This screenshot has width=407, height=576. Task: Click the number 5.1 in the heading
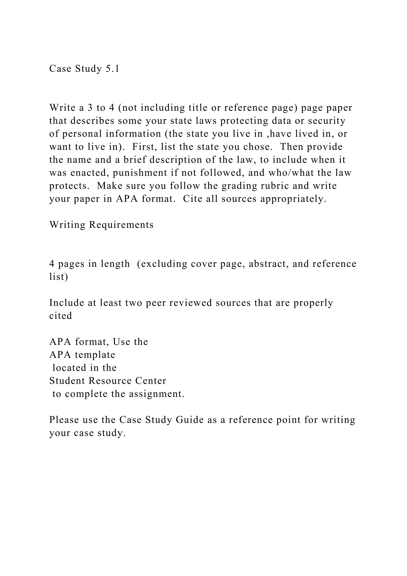point(112,68)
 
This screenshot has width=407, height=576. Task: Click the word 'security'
point(327,121)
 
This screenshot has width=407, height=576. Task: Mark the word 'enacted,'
point(89,173)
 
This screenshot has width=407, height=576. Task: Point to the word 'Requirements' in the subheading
point(121,225)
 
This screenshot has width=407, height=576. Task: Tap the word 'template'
point(95,355)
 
